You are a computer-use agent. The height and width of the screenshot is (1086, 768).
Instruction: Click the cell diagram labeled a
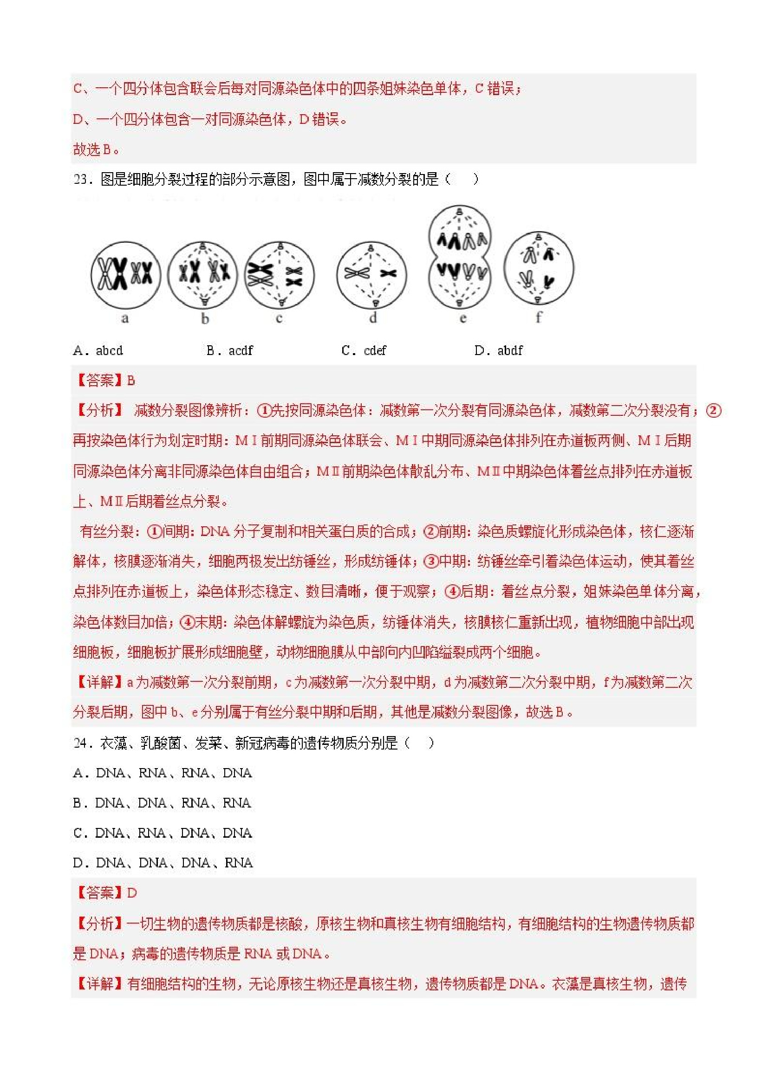click(x=125, y=275)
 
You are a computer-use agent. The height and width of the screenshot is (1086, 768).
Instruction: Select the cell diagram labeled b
click(x=203, y=274)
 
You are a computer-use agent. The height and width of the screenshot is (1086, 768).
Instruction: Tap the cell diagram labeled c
click(x=280, y=274)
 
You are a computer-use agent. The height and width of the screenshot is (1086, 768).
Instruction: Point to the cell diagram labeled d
click(x=372, y=274)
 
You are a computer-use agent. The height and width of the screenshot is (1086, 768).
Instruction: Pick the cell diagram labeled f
click(x=539, y=268)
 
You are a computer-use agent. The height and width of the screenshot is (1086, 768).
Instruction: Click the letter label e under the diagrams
click(x=463, y=318)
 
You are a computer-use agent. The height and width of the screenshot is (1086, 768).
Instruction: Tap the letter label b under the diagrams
click(x=205, y=319)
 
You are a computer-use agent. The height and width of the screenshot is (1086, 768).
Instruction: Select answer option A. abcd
click(x=98, y=350)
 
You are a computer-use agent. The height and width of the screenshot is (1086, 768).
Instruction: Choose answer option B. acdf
click(x=229, y=350)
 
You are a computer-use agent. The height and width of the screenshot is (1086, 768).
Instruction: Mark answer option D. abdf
click(x=498, y=350)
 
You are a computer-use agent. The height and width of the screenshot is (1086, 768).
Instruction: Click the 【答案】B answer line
click(x=104, y=380)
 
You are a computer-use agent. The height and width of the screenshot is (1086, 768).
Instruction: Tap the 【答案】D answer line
click(x=105, y=892)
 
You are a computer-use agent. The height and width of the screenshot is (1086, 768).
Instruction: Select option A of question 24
click(x=163, y=773)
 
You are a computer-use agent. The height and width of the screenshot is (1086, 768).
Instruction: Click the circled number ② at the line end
click(x=713, y=410)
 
